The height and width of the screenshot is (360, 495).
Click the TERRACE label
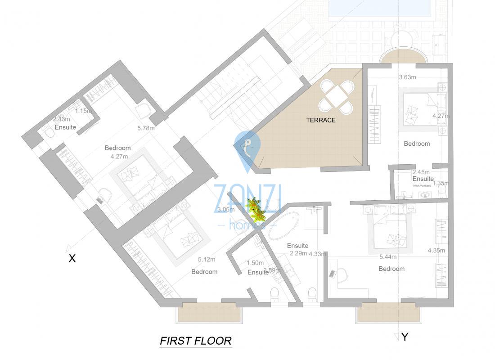pyautogui.click(x=321, y=120)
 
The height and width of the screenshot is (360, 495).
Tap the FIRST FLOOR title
pyautogui.click(x=196, y=341)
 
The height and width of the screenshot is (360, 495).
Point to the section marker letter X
pyautogui.click(x=72, y=258)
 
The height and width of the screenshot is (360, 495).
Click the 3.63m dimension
pyautogui.click(x=407, y=77)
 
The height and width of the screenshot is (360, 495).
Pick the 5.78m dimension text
pyautogui.click(x=146, y=128)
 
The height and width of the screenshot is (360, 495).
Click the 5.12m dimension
pyautogui.click(x=207, y=259)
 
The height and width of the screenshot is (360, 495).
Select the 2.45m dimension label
pyautogui.click(x=421, y=172)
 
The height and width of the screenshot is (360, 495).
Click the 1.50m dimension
pyautogui.click(x=255, y=263)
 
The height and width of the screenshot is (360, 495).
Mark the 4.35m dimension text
pyautogui.click(x=436, y=250)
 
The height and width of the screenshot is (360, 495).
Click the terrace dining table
pyautogui.click(x=336, y=96)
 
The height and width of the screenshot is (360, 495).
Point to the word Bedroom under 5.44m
pyautogui.click(x=391, y=269)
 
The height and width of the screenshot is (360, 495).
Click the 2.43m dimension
pyautogui.click(x=61, y=119)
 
